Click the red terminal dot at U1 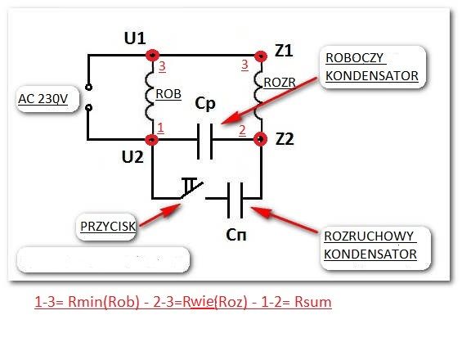[x=153, y=55]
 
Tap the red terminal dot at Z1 [x=261, y=56]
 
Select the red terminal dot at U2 [x=152, y=139]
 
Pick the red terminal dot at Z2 [x=261, y=139]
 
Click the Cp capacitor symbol [x=204, y=142]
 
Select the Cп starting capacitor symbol [x=235, y=200]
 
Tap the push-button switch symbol [x=192, y=189]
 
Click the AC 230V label [x=43, y=99]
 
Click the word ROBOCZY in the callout [x=354, y=58]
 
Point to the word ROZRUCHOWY [x=369, y=236]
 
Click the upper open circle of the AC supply [x=88, y=88]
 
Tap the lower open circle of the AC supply [x=88, y=108]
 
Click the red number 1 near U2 [x=160, y=128]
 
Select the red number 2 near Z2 [x=242, y=130]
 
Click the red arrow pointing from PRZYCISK [x=160, y=215]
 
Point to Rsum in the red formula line [x=313, y=302]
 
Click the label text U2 [x=132, y=157]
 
